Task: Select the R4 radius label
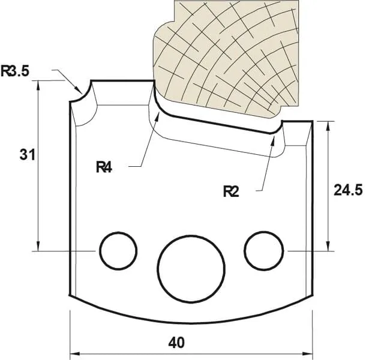pyautogui.click(x=104, y=167)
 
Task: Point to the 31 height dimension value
pyautogui.click(x=26, y=155)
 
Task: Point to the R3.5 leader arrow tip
pyautogui.click(x=81, y=91)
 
